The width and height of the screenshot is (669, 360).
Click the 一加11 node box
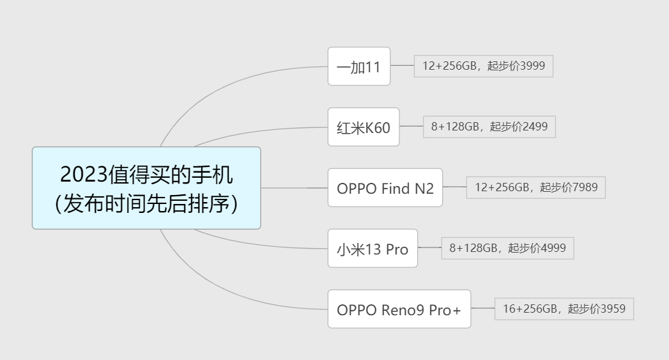point(358,66)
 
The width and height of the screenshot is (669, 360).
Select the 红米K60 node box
point(363,127)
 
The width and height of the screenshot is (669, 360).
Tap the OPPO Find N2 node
point(385,188)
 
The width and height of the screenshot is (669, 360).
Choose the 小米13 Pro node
point(372,249)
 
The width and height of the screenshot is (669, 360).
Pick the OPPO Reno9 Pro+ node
point(399,309)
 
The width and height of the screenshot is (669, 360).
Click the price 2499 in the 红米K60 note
point(535,127)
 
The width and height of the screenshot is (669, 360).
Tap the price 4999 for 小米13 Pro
point(553,248)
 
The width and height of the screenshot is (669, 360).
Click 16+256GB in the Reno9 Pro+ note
point(530,309)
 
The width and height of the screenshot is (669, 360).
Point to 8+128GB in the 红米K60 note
point(455,127)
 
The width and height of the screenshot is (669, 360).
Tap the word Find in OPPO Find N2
point(395,189)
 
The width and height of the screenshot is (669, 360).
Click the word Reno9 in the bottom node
point(403,310)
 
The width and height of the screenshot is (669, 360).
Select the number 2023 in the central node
point(83,174)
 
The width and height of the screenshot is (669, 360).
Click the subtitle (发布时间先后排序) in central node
point(146,203)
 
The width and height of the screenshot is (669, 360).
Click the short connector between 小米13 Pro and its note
point(429,247)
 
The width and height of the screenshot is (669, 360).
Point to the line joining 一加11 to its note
point(402,65)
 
